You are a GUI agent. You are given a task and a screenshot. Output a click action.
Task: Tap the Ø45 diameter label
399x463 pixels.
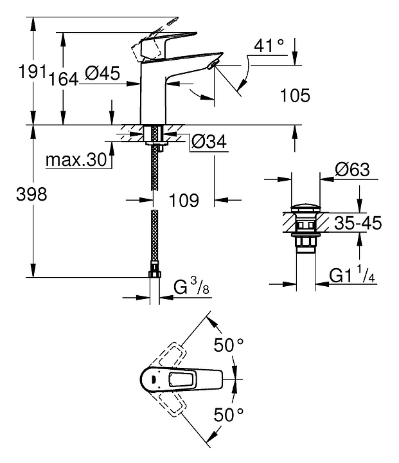click(102, 74)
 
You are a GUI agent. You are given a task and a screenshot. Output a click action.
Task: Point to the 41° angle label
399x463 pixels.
click(269, 46)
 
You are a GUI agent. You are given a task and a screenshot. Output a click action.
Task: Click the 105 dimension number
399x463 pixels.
click(295, 96)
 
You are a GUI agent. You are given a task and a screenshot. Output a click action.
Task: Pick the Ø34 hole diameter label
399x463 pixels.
click(209, 142)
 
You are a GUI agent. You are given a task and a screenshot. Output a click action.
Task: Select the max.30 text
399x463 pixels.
click(75, 160)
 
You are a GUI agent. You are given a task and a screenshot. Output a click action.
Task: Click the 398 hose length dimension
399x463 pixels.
click(31, 195)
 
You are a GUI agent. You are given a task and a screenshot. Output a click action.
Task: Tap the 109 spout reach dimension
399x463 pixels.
click(183, 200)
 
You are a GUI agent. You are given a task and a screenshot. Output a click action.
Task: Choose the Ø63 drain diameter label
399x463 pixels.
click(352, 171)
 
